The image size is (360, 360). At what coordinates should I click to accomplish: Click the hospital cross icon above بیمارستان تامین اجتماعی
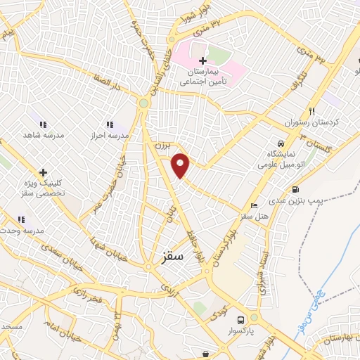pos(202,61)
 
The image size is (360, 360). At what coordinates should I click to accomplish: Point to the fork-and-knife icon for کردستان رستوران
pos(312,110)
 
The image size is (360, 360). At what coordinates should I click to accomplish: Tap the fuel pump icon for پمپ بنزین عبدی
pos(295,189)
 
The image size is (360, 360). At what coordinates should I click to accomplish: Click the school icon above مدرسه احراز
pos(108,124)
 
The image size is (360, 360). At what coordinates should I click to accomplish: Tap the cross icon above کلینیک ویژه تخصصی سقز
pos(43,172)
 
